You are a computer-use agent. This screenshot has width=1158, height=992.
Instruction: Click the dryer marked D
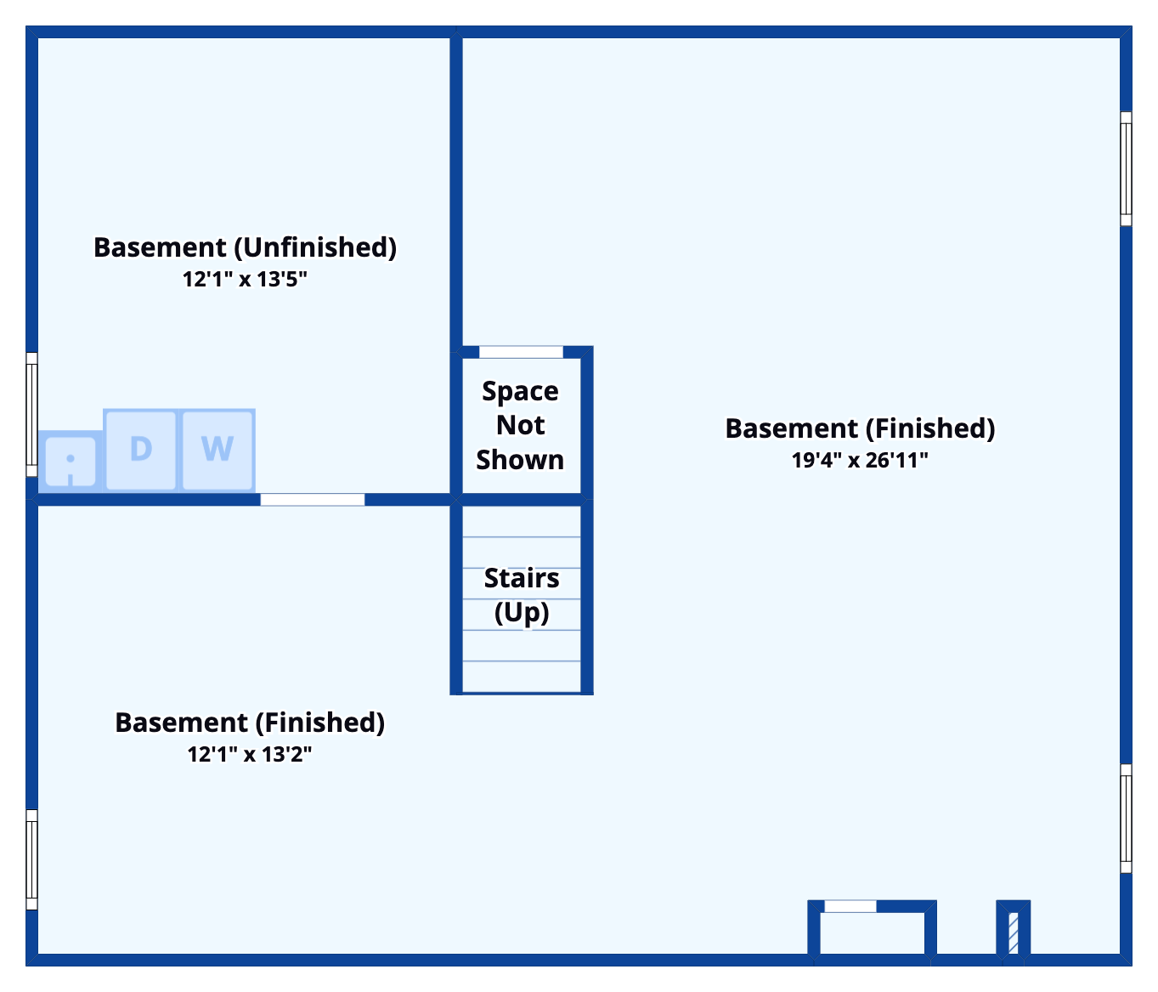pos(141,450)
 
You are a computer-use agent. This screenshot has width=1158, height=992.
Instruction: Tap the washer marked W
pos(217,450)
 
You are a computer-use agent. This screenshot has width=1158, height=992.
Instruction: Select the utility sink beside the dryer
pos(71,462)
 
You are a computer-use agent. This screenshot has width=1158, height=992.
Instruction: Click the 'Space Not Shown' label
pos(520,425)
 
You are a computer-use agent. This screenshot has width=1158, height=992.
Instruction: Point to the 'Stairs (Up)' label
pos(522,595)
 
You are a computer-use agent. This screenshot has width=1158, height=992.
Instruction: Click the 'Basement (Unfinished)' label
pos(245,247)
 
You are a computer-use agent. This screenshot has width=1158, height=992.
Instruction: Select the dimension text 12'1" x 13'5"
pos(245,279)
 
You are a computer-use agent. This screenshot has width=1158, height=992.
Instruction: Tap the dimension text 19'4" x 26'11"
pos(860,460)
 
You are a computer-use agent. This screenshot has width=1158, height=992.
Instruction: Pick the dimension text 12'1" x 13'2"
pos(250,754)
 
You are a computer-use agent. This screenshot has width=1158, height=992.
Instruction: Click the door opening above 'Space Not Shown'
pos(521,352)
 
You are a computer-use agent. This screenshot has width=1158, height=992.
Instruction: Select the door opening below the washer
pos(313,500)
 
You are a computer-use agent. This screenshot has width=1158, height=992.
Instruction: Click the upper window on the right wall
pos(1126,169)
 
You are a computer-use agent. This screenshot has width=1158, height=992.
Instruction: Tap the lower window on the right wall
pos(1126,819)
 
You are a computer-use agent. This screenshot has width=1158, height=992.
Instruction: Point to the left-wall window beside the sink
pos(32,414)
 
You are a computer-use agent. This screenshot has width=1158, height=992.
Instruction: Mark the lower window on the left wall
pos(32,859)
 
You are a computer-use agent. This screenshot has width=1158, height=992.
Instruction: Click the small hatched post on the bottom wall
pos(1013,932)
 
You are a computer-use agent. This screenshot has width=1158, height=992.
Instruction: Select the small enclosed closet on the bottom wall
pos(872,932)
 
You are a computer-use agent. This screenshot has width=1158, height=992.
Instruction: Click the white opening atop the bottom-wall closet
pos(850,906)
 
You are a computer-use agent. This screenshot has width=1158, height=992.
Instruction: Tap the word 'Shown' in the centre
pos(520,460)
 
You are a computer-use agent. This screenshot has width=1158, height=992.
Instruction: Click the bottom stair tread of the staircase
pos(522,677)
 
